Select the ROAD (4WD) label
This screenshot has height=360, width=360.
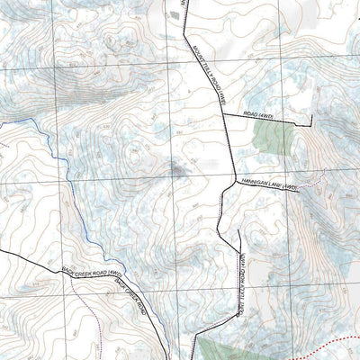click(x=260, y=114)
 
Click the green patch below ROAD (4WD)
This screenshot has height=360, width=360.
click(x=273, y=138)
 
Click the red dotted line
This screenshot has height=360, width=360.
click(x=315, y=342)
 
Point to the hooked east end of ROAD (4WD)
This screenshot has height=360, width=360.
click(x=310, y=121)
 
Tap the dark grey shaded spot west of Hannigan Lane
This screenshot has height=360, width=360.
click(x=179, y=168)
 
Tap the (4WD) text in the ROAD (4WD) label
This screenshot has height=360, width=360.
click(x=269, y=115)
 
